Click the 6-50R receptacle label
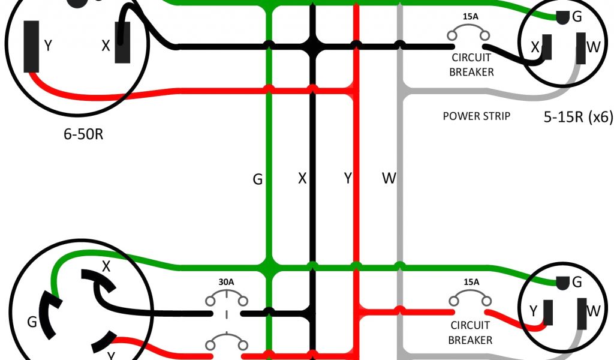(x=83, y=133)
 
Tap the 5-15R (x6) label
(x=578, y=118)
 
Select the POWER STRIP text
(x=476, y=116)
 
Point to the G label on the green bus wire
(x=257, y=179)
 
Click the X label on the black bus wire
(x=302, y=178)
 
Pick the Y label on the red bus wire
(x=347, y=178)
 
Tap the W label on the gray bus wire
(x=389, y=178)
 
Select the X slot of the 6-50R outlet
(x=123, y=44)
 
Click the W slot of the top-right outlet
(x=580, y=48)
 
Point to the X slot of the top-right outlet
(x=547, y=48)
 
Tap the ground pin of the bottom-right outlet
(x=562, y=282)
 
